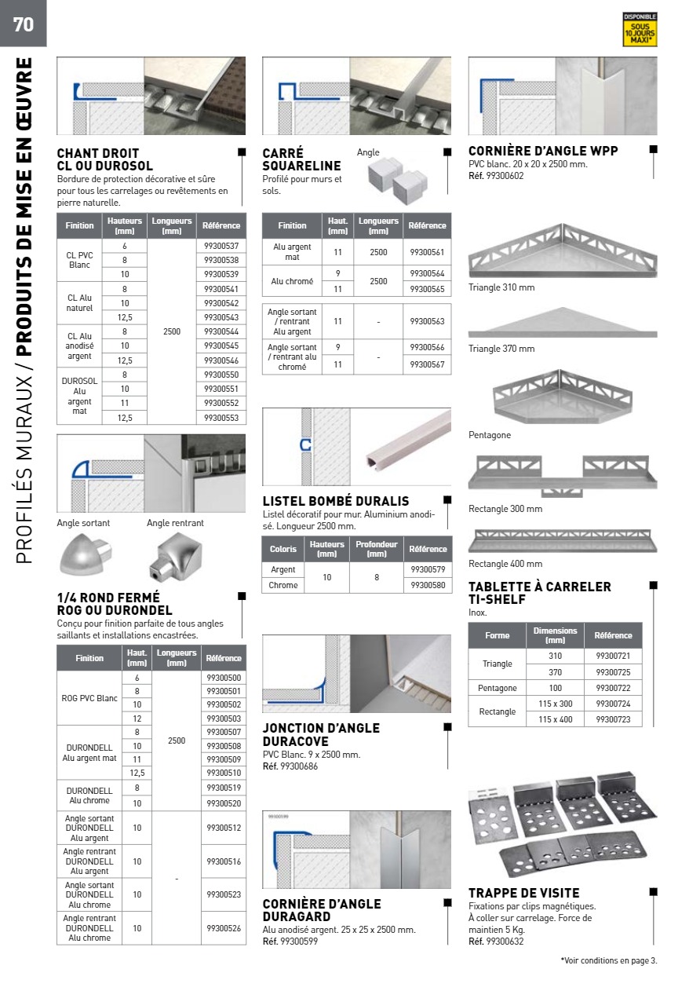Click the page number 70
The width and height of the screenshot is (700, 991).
click(24, 24)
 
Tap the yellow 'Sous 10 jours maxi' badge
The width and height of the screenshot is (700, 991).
click(640, 30)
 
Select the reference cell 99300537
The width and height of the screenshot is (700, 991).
click(221, 247)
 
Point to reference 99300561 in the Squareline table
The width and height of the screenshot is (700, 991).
click(427, 252)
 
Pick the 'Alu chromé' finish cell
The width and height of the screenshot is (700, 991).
click(292, 281)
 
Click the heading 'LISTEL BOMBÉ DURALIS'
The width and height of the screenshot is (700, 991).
click(336, 501)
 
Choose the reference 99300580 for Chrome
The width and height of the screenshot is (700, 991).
click(427, 585)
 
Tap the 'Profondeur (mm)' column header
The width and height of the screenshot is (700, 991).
click(377, 549)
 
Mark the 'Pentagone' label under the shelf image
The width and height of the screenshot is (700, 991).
click(490, 435)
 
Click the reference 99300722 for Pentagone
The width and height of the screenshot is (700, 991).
click(613, 688)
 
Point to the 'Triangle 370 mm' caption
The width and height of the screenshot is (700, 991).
click(501, 349)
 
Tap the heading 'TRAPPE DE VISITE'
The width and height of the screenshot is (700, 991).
click(524, 893)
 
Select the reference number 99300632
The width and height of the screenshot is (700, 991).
click(505, 942)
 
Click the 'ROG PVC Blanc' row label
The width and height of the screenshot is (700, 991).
click(91, 698)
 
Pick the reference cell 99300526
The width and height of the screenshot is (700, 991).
click(224, 928)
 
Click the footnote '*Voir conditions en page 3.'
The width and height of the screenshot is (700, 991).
click(609, 960)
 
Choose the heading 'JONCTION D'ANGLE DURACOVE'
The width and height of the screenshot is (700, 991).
click(321, 734)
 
